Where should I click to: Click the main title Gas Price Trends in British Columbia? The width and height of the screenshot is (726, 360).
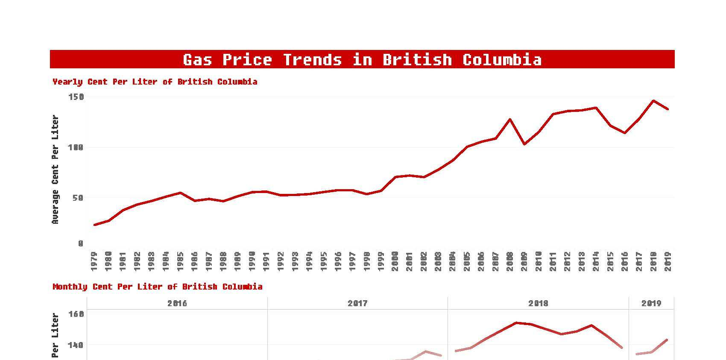(362, 59)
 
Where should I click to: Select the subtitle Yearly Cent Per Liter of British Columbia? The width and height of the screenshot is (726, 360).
(155, 82)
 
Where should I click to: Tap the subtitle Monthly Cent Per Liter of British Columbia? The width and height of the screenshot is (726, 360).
(157, 287)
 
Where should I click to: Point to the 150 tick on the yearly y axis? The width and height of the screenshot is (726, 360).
(76, 97)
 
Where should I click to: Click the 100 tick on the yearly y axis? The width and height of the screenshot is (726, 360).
(76, 147)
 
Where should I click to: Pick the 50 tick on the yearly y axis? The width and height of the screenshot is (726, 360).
(78, 198)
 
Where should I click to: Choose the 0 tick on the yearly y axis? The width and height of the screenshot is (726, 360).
(81, 243)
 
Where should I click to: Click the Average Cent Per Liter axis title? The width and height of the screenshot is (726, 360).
(55, 170)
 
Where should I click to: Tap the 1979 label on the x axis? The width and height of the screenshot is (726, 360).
(94, 261)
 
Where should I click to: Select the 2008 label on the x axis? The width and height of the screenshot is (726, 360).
(510, 261)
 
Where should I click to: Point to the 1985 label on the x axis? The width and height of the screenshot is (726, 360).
(180, 261)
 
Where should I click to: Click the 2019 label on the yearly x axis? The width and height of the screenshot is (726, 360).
(668, 261)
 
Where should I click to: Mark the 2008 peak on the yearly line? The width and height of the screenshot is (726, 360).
(510, 119)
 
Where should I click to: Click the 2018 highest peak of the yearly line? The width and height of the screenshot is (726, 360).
(653, 101)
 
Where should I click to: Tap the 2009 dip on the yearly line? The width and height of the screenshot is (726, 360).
(524, 144)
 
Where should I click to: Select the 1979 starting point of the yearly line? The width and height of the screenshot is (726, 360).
(94, 225)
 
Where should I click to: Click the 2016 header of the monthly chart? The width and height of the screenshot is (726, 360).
(177, 303)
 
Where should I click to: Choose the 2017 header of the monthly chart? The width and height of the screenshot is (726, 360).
(357, 303)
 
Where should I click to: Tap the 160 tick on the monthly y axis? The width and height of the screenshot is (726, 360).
(76, 314)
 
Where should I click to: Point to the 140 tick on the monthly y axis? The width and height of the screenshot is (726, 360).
(76, 345)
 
